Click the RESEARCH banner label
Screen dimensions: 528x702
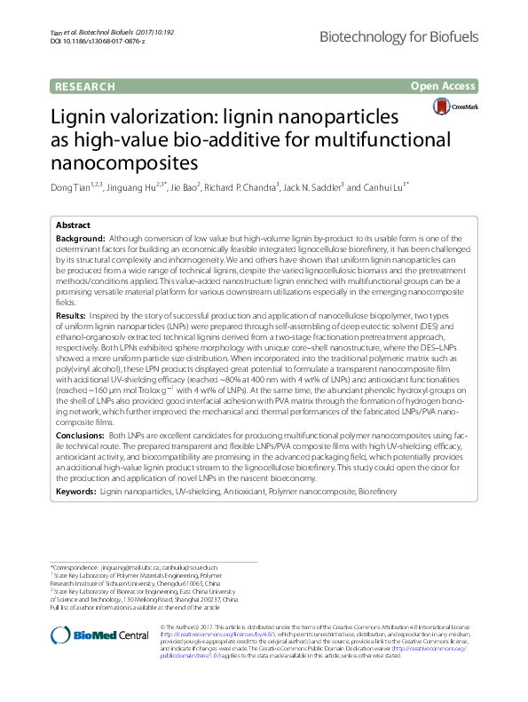click(x=85, y=86)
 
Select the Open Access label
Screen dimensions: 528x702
click(x=443, y=86)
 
